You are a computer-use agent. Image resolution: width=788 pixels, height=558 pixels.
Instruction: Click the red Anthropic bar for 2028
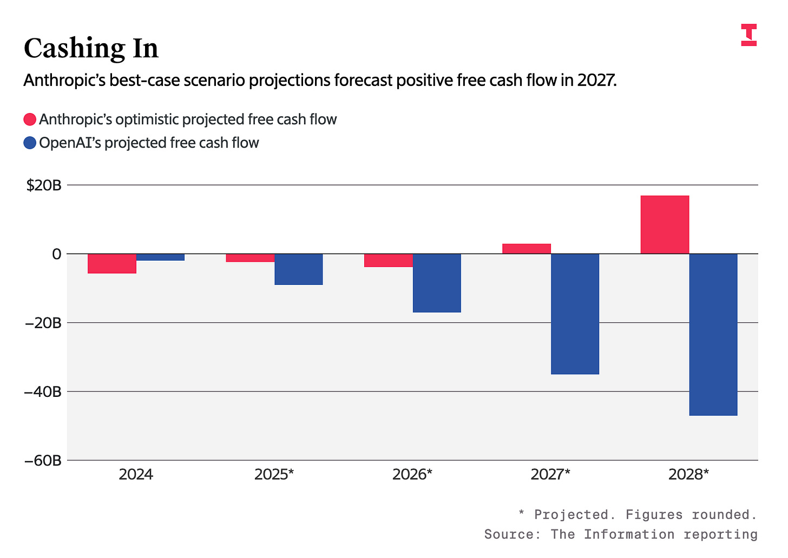tap(665, 224)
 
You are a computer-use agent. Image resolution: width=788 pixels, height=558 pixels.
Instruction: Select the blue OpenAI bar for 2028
tap(713, 334)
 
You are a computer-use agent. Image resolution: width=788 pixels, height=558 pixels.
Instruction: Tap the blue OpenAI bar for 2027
tap(575, 314)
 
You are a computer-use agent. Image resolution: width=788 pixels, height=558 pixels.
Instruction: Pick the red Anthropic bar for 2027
tap(527, 249)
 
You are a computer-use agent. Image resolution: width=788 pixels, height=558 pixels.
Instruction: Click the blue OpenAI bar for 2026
tap(437, 283)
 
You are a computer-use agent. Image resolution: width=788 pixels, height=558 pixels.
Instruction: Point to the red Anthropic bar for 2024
tap(112, 263)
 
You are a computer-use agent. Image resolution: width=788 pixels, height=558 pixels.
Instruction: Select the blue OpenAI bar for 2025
tap(298, 269)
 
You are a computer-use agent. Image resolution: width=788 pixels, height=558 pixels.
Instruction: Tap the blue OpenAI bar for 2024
tap(160, 257)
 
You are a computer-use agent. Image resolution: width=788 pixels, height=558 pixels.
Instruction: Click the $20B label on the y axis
tap(44, 185)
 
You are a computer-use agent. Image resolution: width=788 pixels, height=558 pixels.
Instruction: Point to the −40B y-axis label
tap(42, 391)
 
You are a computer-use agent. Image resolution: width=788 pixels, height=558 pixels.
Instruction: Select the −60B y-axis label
tap(42, 461)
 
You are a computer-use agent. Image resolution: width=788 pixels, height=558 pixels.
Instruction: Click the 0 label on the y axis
tap(56, 254)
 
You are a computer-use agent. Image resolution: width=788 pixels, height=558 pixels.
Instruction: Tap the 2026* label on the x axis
tap(412, 475)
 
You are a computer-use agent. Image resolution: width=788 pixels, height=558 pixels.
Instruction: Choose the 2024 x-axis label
tap(136, 475)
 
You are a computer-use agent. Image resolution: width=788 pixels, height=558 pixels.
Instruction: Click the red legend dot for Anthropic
tap(30, 119)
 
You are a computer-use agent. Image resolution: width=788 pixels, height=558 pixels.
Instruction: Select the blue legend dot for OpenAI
tap(30, 143)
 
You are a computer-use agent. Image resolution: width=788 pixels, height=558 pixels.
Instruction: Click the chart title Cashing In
tap(91, 49)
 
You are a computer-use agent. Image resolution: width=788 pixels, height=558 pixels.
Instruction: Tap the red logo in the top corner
tap(748, 35)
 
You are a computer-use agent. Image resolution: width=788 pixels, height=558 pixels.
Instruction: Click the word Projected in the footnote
tap(571, 514)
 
